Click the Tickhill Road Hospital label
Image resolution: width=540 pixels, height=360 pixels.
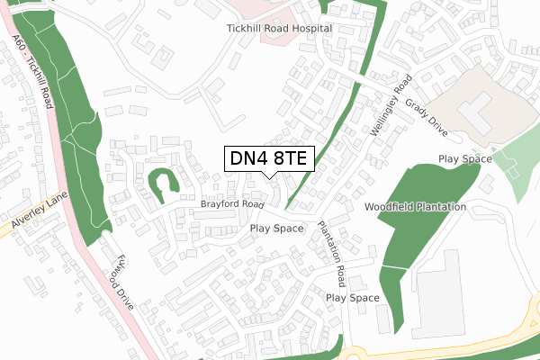279,29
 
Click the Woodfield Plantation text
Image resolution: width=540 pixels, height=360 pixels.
415,207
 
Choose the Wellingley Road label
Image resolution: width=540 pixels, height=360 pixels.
388,105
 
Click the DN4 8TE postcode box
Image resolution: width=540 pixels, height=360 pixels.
267,159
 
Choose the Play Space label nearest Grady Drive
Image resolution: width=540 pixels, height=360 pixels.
465,158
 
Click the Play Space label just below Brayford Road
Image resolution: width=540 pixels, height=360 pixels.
277,229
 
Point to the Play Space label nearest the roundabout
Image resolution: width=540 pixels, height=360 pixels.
353,297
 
